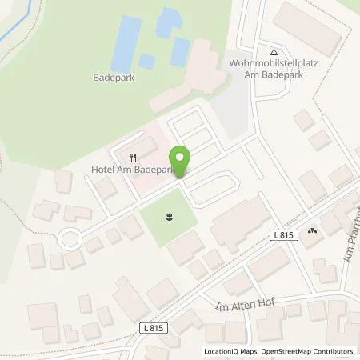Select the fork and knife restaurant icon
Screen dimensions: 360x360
click(x=134, y=157)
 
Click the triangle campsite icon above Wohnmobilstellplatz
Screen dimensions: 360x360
click(x=273, y=50)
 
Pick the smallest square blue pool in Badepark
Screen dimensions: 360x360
click(x=146, y=61)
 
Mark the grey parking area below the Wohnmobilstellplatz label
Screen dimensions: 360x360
click(x=231, y=108)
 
